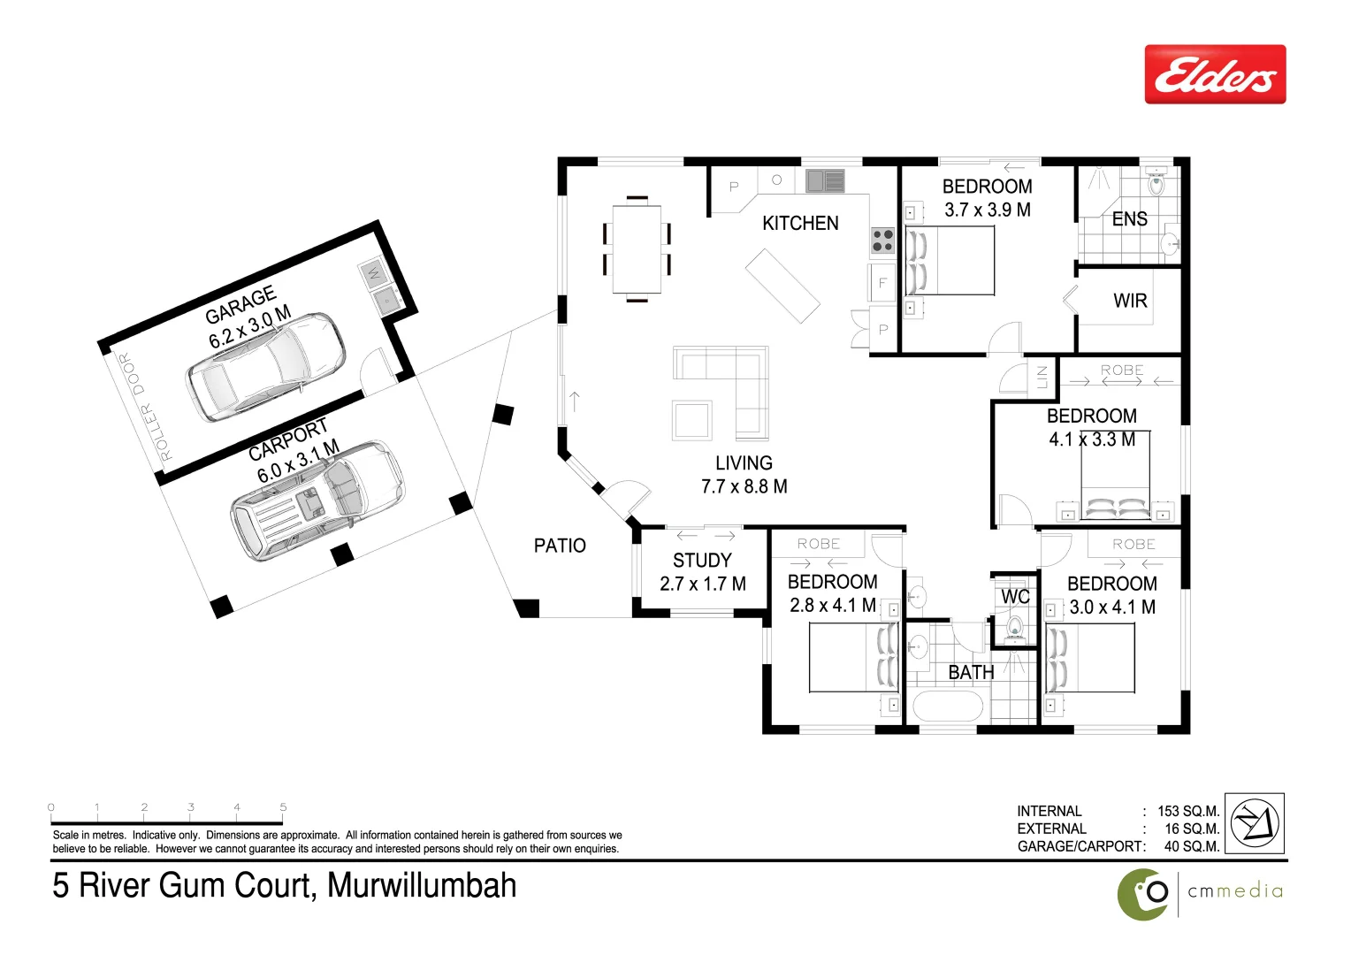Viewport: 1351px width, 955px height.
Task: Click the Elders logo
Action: pos(1215,74)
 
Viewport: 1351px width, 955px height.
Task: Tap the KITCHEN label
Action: pos(800,223)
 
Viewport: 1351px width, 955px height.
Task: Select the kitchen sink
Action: pos(825,181)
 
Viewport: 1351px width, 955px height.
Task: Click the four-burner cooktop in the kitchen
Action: pos(882,240)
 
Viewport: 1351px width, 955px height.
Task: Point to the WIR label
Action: pos(1130,301)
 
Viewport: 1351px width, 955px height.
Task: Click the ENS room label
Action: pos(1129,219)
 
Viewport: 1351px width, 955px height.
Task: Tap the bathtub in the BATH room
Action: pos(947,707)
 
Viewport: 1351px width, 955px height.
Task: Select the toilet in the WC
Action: pos(1014,628)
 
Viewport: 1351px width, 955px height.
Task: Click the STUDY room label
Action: pos(702,560)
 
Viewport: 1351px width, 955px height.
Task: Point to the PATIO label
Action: pos(560,546)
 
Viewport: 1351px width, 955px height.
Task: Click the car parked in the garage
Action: pos(264,366)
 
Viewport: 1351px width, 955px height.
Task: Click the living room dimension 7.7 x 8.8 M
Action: pos(744,486)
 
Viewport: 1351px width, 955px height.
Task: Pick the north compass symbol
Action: pos(1256,821)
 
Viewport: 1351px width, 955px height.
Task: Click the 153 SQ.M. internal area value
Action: pos(1187,811)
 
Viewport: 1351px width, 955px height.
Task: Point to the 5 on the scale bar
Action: pos(283,806)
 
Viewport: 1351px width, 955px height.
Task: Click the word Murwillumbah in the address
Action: pos(422,885)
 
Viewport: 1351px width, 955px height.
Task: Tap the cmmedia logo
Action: pos(1200,891)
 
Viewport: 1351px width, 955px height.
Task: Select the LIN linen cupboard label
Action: pos(1041,376)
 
